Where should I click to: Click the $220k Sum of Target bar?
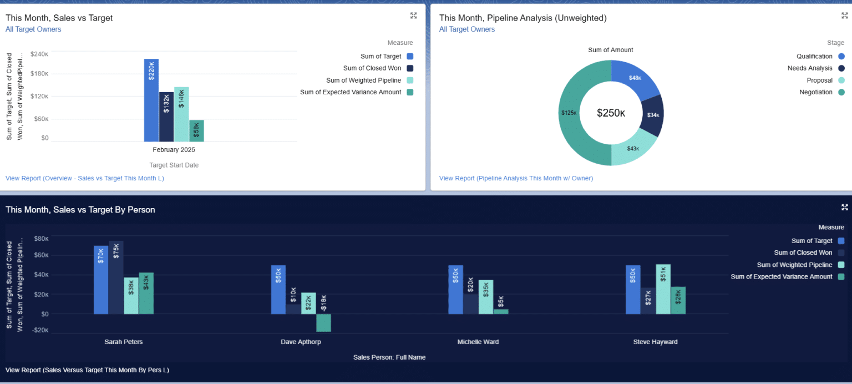coord(151,100)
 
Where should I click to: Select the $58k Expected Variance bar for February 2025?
coord(196,130)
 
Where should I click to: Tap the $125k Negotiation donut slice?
coord(571,114)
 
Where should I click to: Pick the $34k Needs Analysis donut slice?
coord(653,115)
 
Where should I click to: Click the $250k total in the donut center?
coord(611,113)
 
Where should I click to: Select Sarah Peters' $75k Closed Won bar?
coord(116,277)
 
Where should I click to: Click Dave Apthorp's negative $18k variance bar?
coord(324,322)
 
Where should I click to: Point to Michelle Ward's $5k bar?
coord(501,311)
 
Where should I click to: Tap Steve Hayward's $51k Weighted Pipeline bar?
coord(663,289)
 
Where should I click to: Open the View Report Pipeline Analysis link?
coord(516,178)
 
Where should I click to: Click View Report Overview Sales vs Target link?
coord(84,178)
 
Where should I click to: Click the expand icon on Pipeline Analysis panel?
coord(844,16)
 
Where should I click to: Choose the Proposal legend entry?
coord(820,80)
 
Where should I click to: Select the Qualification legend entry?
coord(814,56)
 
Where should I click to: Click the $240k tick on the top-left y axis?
coord(39,54)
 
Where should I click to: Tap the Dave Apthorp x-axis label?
coord(301,342)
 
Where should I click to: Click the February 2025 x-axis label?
coord(174,150)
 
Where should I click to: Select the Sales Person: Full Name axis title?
coord(389,357)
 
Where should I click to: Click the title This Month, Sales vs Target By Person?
coord(80,210)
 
